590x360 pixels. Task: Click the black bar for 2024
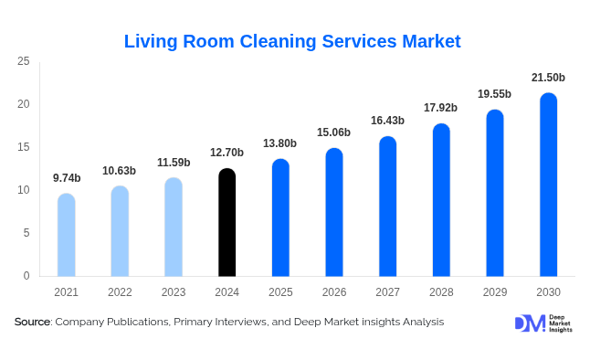227,223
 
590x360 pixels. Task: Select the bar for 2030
548,185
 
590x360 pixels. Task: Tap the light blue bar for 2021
66,235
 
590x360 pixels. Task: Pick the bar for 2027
387,206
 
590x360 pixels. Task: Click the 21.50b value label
548,78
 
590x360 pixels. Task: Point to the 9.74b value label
66,178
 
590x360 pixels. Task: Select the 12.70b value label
227,153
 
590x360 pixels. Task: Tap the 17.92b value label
441,108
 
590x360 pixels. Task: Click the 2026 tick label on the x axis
333,291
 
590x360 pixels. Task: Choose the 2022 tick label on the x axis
120,291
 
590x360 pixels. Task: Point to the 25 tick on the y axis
24,61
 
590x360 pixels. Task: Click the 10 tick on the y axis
24,190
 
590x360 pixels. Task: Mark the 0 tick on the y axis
26,276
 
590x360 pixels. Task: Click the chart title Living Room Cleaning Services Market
292,41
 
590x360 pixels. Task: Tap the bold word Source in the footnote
32,322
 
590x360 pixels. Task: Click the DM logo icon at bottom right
530,323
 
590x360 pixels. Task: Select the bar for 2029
494,193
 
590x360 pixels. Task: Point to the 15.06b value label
333,132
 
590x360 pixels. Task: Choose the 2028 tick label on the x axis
441,291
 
